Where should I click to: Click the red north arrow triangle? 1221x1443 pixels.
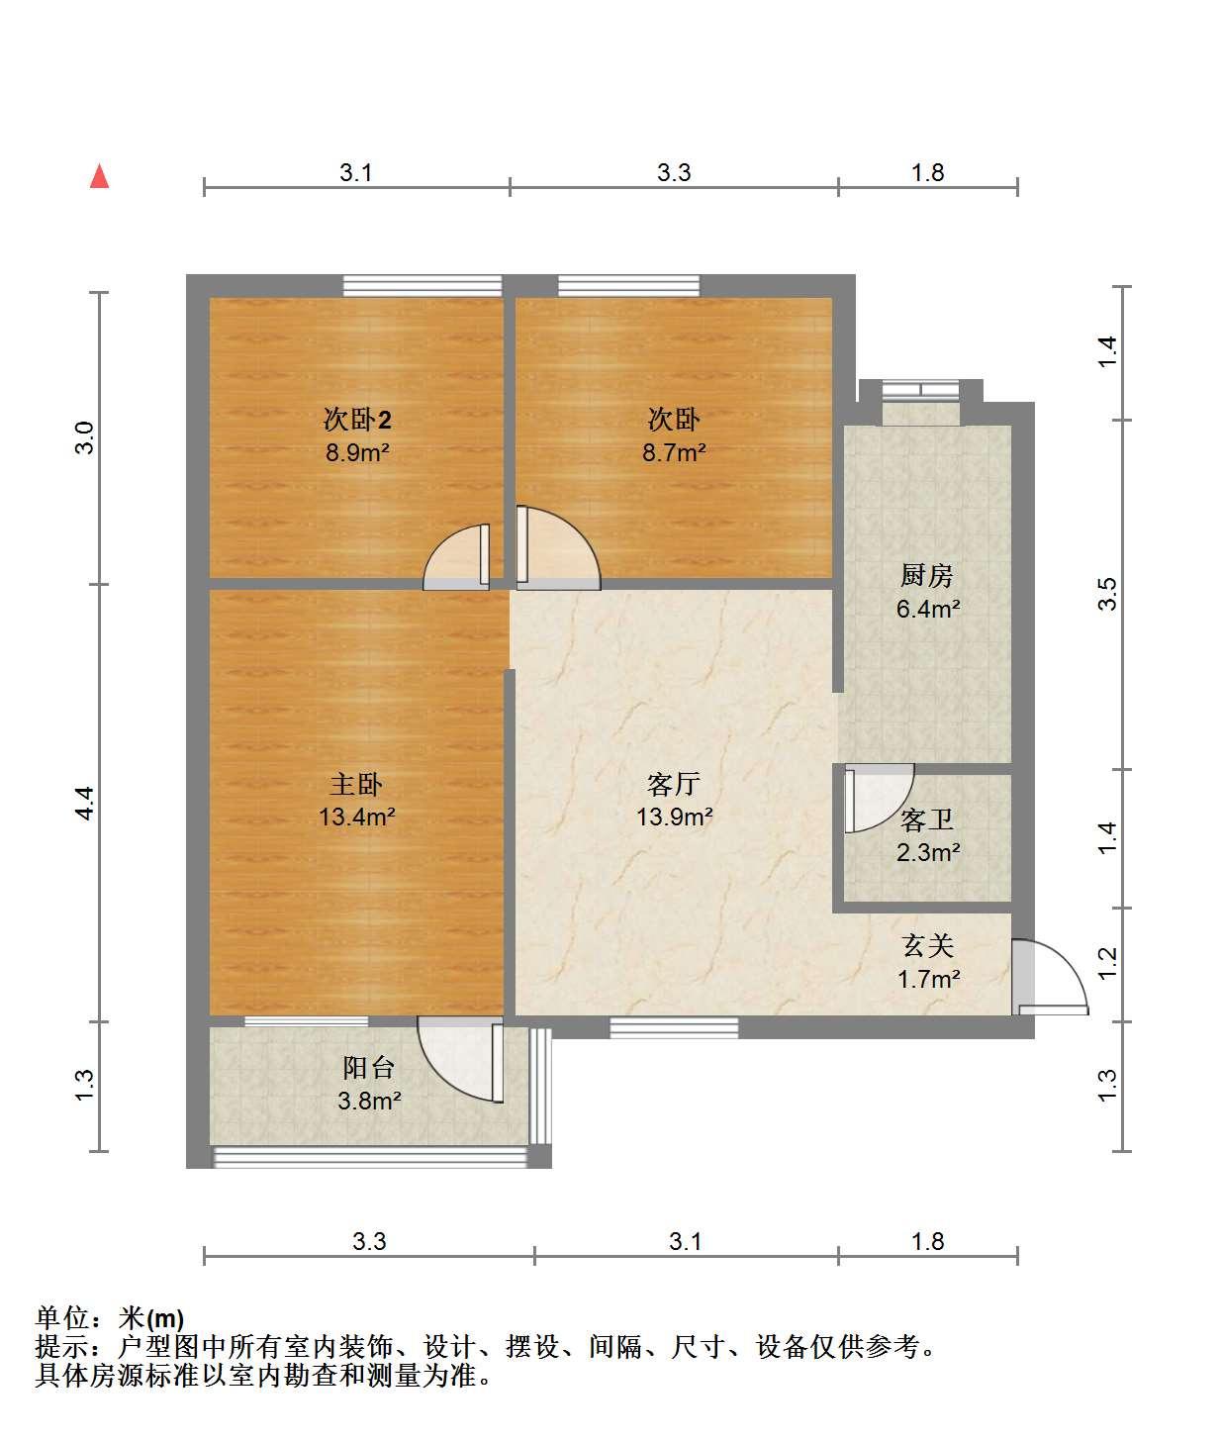[99, 176]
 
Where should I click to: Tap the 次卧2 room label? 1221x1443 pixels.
[357, 419]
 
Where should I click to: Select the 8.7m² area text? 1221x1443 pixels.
[674, 452]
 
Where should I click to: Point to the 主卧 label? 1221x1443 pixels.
[356, 785]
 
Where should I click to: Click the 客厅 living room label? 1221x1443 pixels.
[673, 785]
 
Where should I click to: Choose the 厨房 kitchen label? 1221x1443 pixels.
[927, 576]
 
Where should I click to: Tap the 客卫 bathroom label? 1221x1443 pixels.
[927, 819]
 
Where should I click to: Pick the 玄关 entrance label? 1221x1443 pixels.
[927, 946]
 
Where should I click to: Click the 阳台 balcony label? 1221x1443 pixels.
[369, 1068]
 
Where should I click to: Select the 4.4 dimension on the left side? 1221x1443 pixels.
[84, 803]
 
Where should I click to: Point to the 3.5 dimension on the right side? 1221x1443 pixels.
[1107, 594]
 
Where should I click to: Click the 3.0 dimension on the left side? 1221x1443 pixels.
[84, 437]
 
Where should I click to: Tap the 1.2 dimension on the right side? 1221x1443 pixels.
[1107, 964]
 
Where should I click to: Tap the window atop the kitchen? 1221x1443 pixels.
[921, 390]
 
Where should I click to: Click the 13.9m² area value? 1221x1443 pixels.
[674, 817]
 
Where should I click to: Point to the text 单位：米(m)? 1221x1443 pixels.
[110, 1318]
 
